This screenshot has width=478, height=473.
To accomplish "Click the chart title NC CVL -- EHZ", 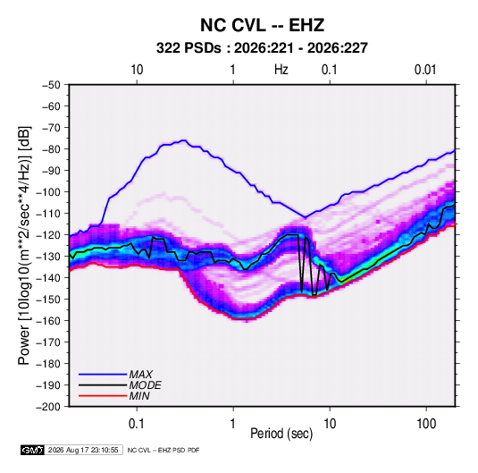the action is (262, 25).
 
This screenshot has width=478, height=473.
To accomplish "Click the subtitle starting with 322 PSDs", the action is (262, 48).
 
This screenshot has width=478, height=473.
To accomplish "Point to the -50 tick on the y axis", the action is (51, 85).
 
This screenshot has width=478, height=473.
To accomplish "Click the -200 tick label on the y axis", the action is (48, 407).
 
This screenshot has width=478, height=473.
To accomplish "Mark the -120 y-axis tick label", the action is (48, 235).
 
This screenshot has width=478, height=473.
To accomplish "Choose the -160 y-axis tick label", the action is (48, 321).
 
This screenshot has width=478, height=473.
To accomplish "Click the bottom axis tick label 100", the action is (426, 424).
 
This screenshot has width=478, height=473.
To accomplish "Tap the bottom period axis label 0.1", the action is (137, 424).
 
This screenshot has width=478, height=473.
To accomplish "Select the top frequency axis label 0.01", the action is (425, 70).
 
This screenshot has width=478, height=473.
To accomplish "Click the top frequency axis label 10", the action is (137, 70).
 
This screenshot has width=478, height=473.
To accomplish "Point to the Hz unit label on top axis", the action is (281, 70).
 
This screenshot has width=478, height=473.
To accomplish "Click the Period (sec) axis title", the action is (281, 434).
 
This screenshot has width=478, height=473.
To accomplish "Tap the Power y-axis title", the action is (24, 246).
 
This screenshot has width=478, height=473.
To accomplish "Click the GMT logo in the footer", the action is (33, 450).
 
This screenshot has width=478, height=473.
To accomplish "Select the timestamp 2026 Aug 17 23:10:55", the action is (83, 450).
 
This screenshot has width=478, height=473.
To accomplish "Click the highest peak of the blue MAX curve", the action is (183, 140).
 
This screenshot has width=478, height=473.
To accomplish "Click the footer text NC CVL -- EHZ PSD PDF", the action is (164, 450).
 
